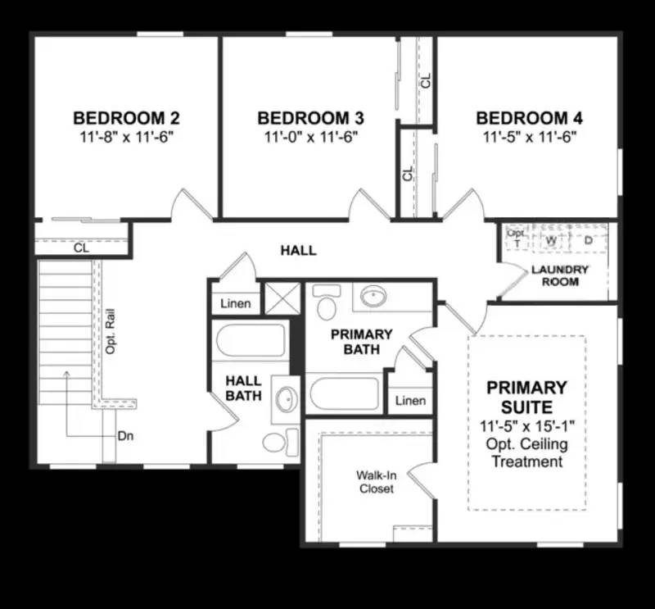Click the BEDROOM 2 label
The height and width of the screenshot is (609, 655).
click(x=127, y=118)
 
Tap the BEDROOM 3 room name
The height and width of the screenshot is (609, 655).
click(x=310, y=118)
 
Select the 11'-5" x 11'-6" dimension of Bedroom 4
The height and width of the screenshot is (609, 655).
click(x=530, y=137)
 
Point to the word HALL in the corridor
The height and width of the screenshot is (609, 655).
click(x=298, y=250)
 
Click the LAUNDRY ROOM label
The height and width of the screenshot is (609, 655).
click(x=560, y=275)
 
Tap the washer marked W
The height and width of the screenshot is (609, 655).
click(x=551, y=240)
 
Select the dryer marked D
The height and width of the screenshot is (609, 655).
click(x=588, y=240)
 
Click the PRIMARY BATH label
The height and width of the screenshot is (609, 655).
click(x=361, y=342)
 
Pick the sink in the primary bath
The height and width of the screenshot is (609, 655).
click(x=375, y=295)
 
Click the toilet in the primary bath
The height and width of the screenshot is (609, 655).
click(x=326, y=305)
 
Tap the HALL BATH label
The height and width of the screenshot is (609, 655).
click(x=243, y=389)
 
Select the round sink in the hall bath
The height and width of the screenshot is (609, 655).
click(x=286, y=400)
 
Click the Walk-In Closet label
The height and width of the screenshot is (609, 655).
click(x=376, y=482)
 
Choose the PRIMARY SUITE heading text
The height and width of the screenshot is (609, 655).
click(x=526, y=397)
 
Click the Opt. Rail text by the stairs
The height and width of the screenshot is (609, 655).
click(x=110, y=331)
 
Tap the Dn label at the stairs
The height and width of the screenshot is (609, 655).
click(x=125, y=436)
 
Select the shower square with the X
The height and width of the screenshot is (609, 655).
click(x=282, y=298)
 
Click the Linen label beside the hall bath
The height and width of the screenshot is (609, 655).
click(x=236, y=304)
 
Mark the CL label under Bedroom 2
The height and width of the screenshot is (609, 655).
click(x=81, y=247)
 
